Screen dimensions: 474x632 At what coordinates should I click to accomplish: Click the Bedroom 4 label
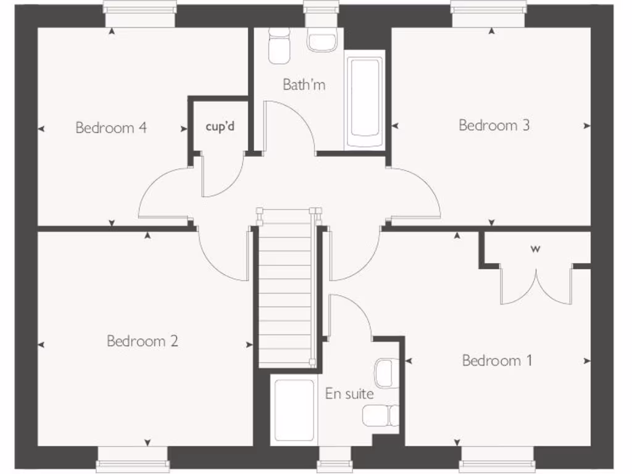[x=111, y=128]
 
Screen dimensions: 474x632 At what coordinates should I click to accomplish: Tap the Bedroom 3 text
[x=494, y=125]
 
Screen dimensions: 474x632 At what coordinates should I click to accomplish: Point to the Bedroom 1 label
[x=497, y=360]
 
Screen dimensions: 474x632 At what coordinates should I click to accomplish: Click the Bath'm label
[x=304, y=85]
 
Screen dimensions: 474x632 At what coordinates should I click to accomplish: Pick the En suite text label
[x=349, y=393]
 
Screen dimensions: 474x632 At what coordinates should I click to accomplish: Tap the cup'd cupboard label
[x=220, y=127]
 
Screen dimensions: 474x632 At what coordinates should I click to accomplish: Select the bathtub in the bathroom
[x=365, y=102]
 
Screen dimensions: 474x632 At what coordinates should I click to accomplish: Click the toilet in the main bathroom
[x=279, y=46]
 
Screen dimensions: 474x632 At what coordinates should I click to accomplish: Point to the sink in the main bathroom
[x=322, y=41]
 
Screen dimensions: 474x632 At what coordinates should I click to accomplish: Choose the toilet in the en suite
[x=380, y=415]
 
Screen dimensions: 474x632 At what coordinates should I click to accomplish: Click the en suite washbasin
[x=384, y=373]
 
